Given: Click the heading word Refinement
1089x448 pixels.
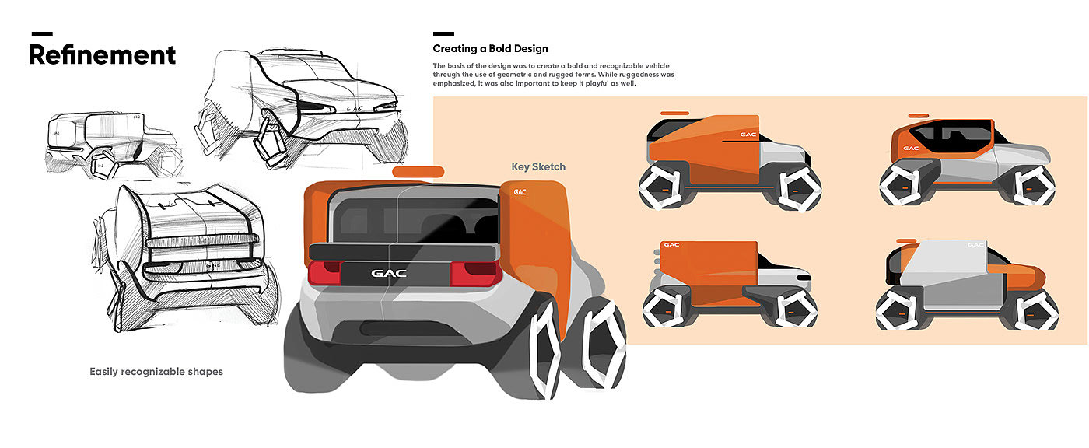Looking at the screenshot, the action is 102,55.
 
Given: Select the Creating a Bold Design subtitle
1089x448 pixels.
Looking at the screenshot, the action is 490,48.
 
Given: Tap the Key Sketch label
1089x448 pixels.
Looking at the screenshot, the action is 538,166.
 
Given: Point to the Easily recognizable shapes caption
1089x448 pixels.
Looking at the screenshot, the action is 156,372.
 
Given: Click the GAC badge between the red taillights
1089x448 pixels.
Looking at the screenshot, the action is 389,274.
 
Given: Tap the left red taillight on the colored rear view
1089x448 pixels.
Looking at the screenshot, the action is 325,272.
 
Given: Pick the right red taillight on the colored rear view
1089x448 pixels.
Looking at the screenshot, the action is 475,273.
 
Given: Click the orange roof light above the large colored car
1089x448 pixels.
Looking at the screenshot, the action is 418,172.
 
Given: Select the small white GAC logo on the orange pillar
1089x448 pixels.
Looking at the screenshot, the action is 520,192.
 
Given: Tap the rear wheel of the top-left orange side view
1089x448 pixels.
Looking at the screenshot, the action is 661,187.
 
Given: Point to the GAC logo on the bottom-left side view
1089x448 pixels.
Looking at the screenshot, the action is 671,245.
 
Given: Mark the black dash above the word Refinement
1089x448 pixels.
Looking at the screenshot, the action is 42,33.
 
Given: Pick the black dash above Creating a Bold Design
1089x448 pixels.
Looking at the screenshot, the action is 443,33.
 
